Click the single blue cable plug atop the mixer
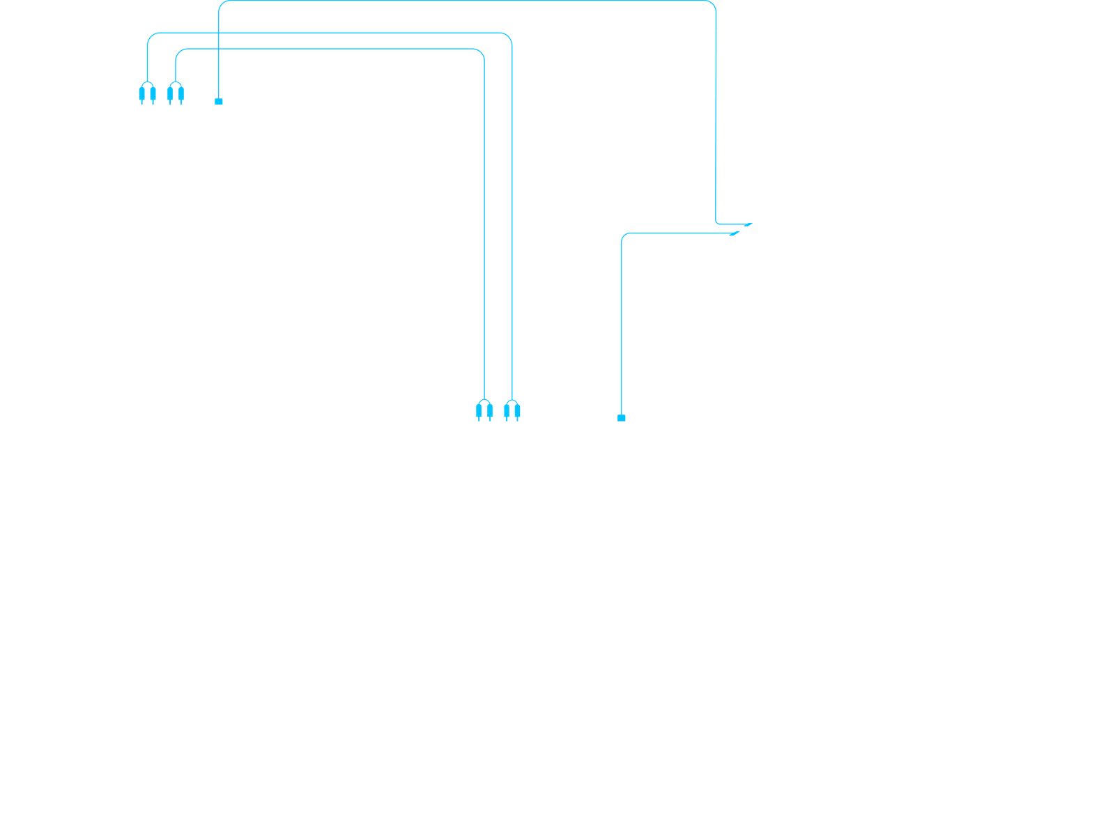point(621,417)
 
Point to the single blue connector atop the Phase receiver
point(218,101)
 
